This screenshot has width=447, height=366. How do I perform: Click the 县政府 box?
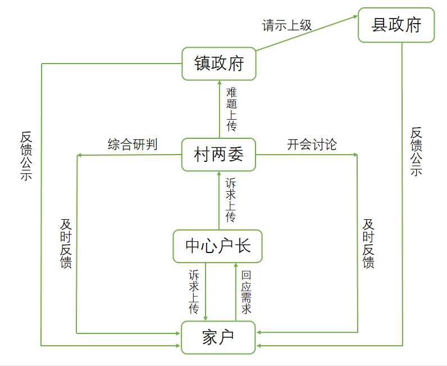[396, 25]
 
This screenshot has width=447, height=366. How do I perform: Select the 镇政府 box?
[219, 64]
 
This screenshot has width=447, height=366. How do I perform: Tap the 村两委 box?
[219, 154]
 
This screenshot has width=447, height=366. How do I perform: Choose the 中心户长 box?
[218, 246]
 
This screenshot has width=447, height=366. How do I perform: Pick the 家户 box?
[218, 337]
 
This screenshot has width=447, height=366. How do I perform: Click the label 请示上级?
[286, 25]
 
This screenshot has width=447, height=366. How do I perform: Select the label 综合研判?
[133, 144]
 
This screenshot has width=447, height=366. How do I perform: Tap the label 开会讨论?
[312, 144]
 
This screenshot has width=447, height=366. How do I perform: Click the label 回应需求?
[246, 292]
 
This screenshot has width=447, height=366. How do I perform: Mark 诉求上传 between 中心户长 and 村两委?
[231, 200]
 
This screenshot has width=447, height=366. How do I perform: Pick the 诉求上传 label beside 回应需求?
[194, 292]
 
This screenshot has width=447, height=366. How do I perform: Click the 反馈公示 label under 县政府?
[416, 152]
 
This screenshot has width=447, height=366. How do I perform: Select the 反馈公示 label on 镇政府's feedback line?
[26, 156]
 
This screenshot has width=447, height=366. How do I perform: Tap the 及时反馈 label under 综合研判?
[66, 243]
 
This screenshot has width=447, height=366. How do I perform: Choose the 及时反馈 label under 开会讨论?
[368, 243]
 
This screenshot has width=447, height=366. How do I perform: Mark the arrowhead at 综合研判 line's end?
[80, 155]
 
